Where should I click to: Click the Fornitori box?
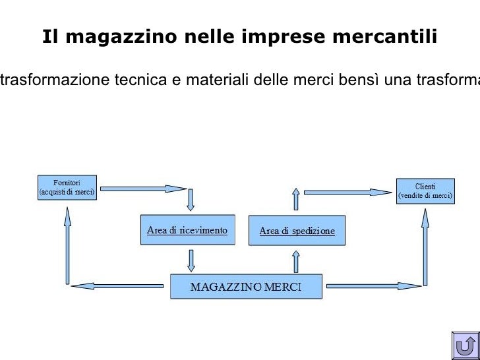click(67, 187)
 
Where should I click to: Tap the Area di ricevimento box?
click(187, 230)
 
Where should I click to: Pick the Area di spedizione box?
click(297, 231)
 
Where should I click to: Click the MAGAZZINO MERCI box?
click(246, 287)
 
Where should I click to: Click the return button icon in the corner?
click(465, 345)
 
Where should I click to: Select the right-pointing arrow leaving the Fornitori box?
click(143, 189)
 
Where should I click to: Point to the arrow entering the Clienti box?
click(347, 192)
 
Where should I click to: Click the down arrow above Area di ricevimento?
click(191, 198)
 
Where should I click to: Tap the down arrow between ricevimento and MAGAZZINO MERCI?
click(191, 260)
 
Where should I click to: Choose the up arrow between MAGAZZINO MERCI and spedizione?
click(296, 261)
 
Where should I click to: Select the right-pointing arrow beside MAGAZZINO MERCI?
click(373, 286)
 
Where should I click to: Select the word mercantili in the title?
click(392, 37)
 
